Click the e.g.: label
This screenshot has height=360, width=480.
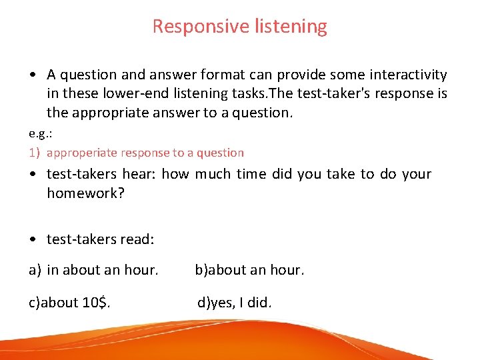click(x=41, y=133)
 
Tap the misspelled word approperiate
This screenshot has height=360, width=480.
click(x=83, y=153)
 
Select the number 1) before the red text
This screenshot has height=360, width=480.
click(x=34, y=153)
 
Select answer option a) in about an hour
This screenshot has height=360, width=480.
click(x=93, y=271)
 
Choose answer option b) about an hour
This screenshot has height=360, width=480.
click(x=249, y=271)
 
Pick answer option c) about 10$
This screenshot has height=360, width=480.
click(x=69, y=303)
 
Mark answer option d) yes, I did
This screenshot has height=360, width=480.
click(x=235, y=303)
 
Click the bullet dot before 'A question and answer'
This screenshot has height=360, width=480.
click(x=33, y=75)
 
